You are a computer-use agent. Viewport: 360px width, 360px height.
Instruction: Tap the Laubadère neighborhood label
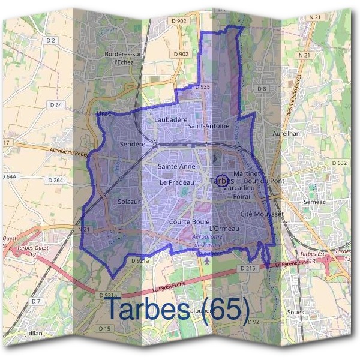[x=167, y=120]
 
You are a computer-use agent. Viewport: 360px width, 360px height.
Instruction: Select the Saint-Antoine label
[x=208, y=127]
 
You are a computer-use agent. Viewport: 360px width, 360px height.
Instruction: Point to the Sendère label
[x=133, y=145]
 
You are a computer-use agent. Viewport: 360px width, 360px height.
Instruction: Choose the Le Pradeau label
[x=177, y=182]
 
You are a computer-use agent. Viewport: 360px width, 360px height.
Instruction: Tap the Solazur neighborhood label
[x=129, y=202]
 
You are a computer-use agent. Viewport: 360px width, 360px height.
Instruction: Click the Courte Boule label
[x=189, y=221]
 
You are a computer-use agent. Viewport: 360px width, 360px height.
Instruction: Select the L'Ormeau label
[x=224, y=229]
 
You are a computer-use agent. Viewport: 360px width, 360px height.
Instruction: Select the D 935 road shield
[x=202, y=87]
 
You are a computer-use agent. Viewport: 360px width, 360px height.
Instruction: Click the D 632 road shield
[x=340, y=163]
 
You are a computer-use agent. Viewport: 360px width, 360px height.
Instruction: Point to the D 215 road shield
[x=248, y=268]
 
